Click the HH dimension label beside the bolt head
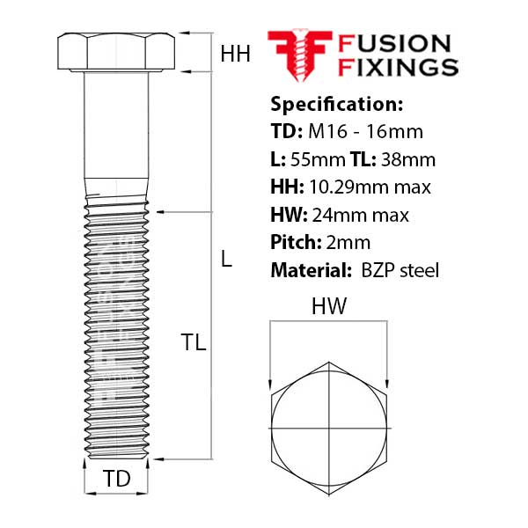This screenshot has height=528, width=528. (x=235, y=54)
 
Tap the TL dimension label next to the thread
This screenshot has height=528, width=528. (x=194, y=342)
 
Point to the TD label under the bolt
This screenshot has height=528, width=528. (x=116, y=478)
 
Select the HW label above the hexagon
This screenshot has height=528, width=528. (x=328, y=306)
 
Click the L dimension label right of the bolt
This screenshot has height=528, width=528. (x=227, y=259)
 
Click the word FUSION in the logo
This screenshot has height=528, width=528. (x=394, y=44)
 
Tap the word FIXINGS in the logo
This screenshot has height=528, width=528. (x=398, y=67)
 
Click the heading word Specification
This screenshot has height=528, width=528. (x=337, y=104)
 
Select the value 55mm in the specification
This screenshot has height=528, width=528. (x=318, y=159)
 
